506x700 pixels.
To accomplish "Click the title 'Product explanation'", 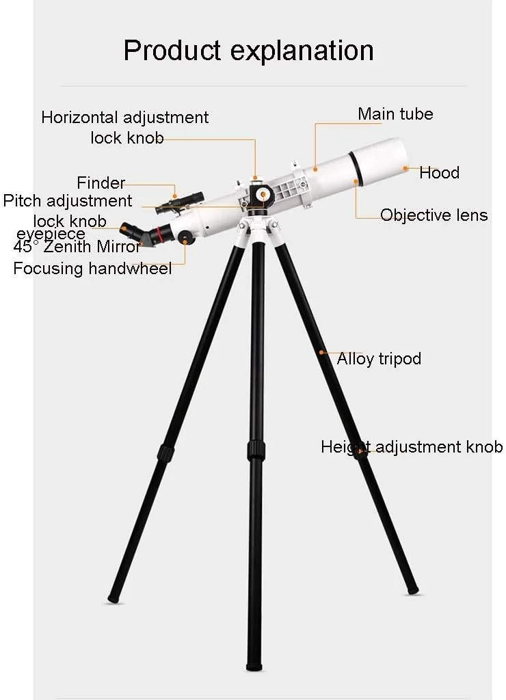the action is pos(248,51).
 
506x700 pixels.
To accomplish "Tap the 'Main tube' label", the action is pos(395,114).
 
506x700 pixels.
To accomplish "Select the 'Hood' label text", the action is pos(439,172).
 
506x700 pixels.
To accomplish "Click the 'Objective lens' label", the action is pos(434,215).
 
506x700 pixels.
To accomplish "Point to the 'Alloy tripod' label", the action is pos(379,358).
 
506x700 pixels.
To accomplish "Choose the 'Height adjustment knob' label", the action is pos(412,447).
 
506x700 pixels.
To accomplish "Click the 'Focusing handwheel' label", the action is pos(92,268).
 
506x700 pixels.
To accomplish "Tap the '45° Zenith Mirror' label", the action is pos(77,246).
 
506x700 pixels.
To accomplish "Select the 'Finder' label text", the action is pos(101,183).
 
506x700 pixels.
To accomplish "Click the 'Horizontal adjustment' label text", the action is pos(124,118).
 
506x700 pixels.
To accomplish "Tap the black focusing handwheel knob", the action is pos(185,237).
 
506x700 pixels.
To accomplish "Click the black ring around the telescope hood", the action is pos(356,168).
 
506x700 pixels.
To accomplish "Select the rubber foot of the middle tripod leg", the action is pos(254,666).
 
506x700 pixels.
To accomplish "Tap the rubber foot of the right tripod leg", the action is pos(413,591).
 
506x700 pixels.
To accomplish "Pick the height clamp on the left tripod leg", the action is pos(165,453).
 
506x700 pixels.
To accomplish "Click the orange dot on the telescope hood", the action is pos(405,168).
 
